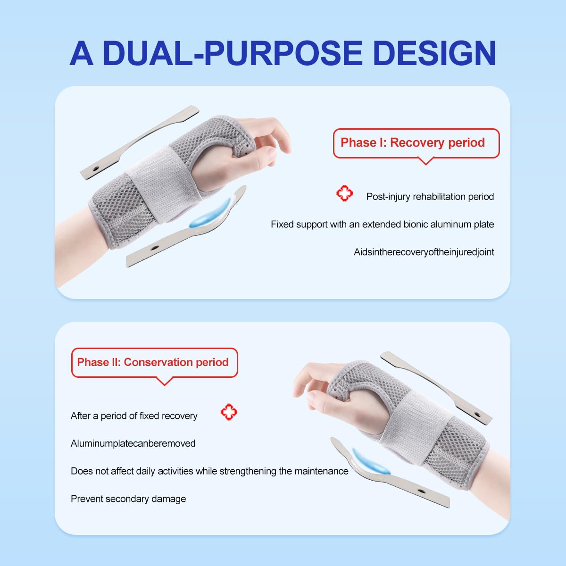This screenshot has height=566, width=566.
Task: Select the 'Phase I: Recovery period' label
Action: tap(413, 142)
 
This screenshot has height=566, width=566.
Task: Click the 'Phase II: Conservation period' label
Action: tap(153, 362)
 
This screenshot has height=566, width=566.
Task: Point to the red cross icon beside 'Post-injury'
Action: tap(344, 193)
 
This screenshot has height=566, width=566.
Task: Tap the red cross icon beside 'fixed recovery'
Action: tap(229, 412)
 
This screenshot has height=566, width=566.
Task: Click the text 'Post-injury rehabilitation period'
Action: tap(430, 197)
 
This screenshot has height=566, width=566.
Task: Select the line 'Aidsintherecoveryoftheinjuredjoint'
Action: tap(424, 252)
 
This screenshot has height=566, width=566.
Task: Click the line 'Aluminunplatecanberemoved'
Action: tap(133, 443)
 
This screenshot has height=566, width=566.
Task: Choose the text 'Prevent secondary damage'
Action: tap(128, 499)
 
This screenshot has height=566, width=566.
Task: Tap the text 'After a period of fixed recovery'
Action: tap(134, 416)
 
